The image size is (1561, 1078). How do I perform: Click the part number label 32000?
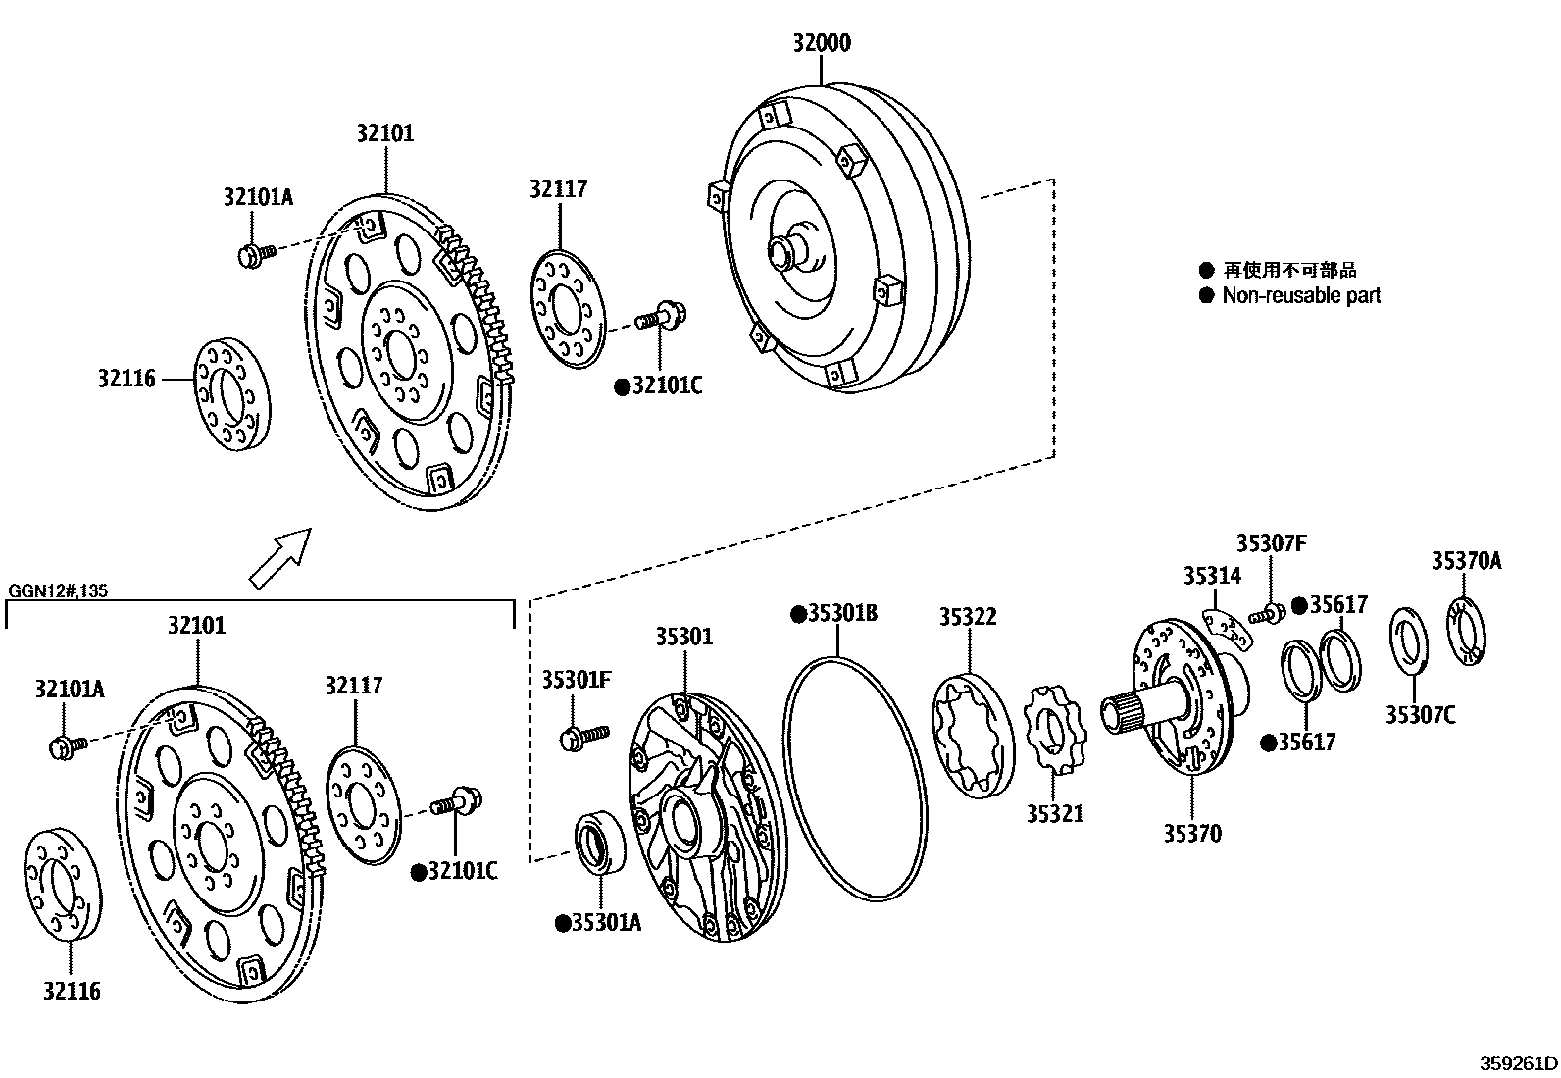click(822, 43)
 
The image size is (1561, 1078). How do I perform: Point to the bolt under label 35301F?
click(584, 736)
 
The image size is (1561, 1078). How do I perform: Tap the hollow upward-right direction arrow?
click(280, 557)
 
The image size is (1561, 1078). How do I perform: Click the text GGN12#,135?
click(58, 591)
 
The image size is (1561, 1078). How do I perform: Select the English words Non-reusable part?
click(1300, 295)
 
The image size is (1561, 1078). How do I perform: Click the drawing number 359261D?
click(1518, 1063)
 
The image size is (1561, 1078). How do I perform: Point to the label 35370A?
click(1466, 561)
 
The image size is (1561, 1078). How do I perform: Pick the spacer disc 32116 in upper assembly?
click(228, 394)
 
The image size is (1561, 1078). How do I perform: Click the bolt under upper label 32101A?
click(254, 254)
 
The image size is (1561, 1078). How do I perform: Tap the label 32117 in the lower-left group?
click(354, 685)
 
